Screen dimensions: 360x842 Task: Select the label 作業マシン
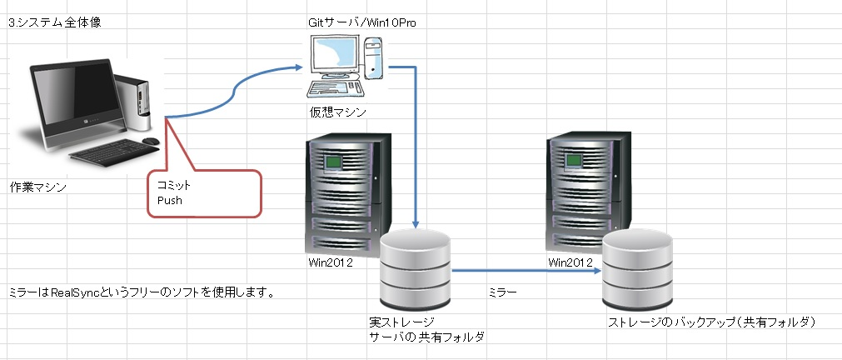pyautogui.click(x=38, y=187)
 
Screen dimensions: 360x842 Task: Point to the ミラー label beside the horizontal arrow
pyautogui.click(x=502, y=292)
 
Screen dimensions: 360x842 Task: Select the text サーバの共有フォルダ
pyautogui.click(x=426, y=337)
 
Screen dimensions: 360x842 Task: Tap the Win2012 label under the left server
pyautogui.click(x=331, y=263)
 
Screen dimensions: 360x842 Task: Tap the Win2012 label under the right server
pyautogui.click(x=571, y=263)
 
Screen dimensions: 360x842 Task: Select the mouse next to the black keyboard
pyautogui.click(x=150, y=142)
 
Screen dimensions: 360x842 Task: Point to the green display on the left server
pyautogui.click(x=334, y=160)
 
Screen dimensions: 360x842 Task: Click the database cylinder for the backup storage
pyautogui.click(x=636, y=268)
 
